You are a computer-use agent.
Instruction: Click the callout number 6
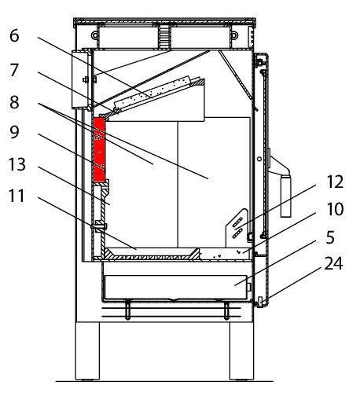(x=14, y=35)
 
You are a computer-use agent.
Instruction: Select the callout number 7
(x=14, y=70)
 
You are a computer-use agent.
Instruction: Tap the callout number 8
(x=14, y=102)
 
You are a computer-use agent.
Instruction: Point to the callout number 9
(x=14, y=132)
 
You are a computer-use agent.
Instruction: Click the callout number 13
(x=17, y=164)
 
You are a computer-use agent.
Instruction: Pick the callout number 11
(x=17, y=196)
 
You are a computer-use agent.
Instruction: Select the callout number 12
(x=335, y=182)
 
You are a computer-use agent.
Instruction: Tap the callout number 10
(x=335, y=209)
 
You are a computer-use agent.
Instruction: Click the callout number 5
(x=330, y=237)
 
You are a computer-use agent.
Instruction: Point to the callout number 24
(x=333, y=263)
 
